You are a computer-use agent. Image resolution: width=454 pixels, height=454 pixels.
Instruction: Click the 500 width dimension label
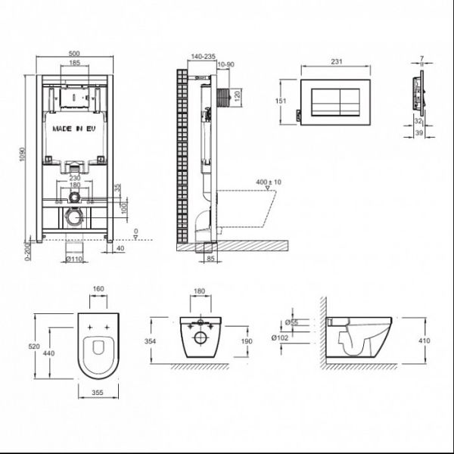pyautogui.click(x=74, y=54)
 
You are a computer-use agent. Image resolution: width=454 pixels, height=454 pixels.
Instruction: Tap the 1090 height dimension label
pyautogui.click(x=23, y=154)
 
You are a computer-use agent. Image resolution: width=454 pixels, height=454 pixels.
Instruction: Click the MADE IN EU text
pyautogui.click(x=74, y=129)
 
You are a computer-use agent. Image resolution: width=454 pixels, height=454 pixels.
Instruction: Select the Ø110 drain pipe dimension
pyautogui.click(x=74, y=259)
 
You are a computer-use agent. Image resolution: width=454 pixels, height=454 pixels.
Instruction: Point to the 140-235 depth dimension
pyautogui.click(x=204, y=57)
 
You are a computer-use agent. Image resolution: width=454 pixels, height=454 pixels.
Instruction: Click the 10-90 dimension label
pyautogui.click(x=225, y=64)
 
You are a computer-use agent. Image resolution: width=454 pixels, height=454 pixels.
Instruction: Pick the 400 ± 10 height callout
pyautogui.click(x=269, y=182)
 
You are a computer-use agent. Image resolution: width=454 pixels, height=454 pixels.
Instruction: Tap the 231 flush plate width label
pyautogui.click(x=337, y=61)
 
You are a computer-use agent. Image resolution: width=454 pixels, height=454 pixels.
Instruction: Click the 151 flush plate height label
pyautogui.click(x=280, y=101)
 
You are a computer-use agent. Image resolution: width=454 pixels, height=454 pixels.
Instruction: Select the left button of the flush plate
pyautogui.click(x=325, y=102)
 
